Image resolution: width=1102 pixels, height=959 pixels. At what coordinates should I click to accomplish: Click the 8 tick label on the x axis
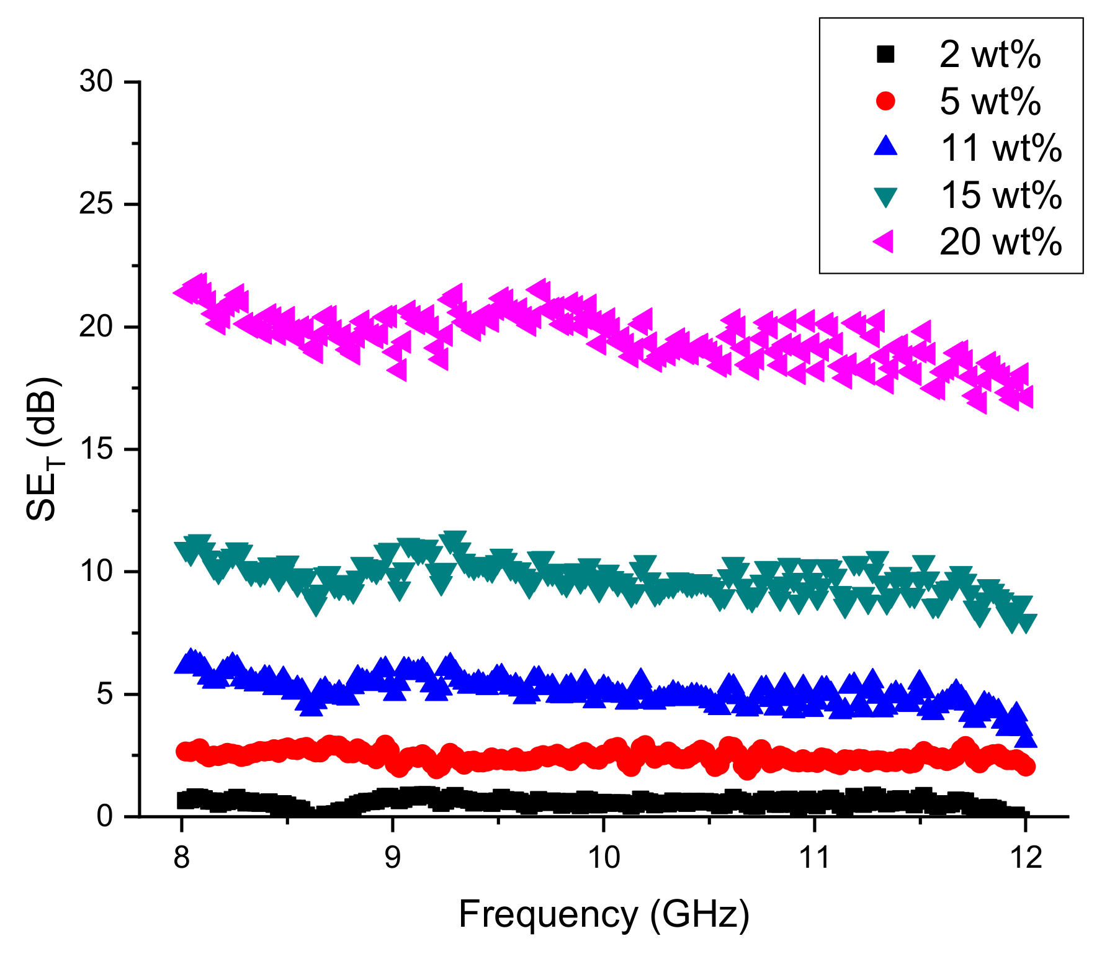point(181,858)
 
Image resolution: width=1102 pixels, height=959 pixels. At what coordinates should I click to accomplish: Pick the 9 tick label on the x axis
point(392,858)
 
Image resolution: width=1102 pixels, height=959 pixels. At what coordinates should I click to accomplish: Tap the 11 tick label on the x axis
point(813,858)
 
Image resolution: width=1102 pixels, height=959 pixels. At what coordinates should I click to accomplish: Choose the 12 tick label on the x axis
point(1025,858)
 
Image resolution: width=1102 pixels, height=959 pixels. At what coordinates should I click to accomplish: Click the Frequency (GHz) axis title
point(604,914)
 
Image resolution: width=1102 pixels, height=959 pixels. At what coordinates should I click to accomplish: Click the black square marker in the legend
point(885,55)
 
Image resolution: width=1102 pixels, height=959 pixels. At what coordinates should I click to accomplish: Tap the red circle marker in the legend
point(885,101)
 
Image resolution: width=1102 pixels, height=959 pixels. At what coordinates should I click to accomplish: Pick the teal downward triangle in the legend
point(885,196)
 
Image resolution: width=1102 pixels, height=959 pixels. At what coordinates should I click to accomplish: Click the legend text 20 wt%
point(1000,241)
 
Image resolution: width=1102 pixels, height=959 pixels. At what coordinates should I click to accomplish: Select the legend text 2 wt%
point(990,55)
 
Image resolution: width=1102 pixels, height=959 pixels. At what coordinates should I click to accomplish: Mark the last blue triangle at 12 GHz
point(1026,739)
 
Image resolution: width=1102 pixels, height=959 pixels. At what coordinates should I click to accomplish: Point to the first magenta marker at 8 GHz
point(184,292)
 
